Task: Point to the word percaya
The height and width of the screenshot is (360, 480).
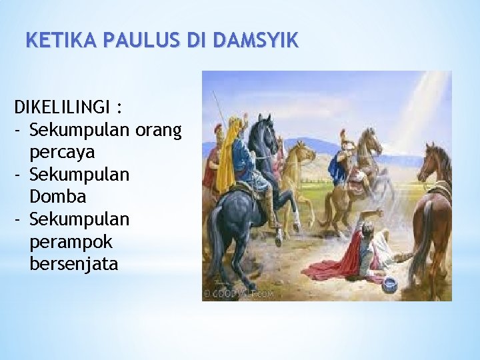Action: [x=62, y=151]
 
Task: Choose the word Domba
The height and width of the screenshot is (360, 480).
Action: [x=58, y=197]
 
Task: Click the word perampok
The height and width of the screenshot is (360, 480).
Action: [x=71, y=241]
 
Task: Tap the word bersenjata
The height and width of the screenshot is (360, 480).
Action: [x=73, y=264]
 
